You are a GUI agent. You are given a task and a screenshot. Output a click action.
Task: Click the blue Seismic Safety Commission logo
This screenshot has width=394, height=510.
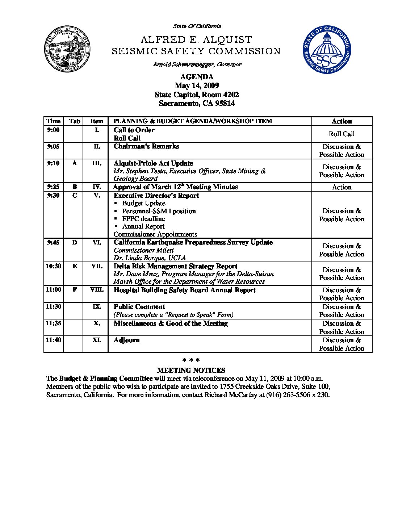tap(327, 50)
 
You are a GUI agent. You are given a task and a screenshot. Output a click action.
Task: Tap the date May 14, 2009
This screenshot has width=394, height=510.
tap(197, 85)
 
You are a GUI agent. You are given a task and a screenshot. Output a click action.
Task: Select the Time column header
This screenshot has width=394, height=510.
tap(53, 121)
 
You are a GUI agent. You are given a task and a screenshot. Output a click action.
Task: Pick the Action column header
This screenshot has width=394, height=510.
tap(341, 121)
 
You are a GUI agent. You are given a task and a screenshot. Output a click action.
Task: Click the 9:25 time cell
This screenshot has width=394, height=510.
tap(53, 187)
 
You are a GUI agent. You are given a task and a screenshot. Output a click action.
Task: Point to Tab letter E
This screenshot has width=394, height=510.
tap(75, 266)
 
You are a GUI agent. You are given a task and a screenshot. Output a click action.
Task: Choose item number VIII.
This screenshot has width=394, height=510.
tap(97, 290)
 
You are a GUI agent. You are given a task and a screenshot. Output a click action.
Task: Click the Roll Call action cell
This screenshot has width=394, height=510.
tap(341, 134)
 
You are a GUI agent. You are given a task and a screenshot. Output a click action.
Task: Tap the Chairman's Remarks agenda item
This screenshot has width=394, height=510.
tap(146, 146)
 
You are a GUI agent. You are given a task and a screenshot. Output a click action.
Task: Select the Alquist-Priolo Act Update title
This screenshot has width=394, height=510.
tap(153, 163)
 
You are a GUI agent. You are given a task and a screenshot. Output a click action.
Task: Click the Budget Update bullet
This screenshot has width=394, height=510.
tap(143, 203)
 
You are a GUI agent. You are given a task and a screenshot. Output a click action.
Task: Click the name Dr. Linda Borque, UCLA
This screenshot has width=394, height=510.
tap(150, 258)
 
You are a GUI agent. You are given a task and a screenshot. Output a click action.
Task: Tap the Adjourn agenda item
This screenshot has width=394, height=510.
tap(126, 340)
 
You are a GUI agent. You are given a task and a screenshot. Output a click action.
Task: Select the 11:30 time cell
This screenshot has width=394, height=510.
tap(53, 306)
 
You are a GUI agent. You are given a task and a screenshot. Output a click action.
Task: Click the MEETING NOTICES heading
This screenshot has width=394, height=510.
tap(191, 370)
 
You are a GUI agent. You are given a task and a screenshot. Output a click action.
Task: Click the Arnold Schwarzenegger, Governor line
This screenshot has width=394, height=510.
tap(197, 64)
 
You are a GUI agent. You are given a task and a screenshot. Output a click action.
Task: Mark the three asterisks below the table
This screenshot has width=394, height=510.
tap(191, 360)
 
